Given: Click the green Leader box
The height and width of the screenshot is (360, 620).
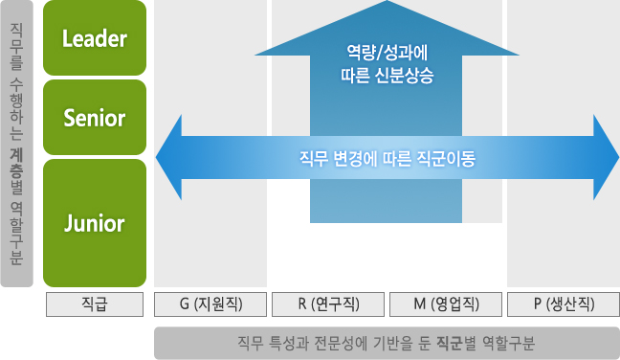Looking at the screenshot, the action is click(x=94, y=38).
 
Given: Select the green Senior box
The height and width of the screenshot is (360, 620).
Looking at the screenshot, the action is click(x=94, y=118).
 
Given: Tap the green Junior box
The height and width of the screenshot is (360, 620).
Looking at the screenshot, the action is click(x=94, y=223).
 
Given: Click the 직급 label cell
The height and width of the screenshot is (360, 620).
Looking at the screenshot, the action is click(x=94, y=304).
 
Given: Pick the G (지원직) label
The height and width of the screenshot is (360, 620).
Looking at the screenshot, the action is click(x=210, y=304).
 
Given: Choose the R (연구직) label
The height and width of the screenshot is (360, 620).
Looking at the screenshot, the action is click(x=328, y=304).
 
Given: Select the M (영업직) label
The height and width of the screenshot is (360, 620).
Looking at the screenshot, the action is click(x=446, y=304).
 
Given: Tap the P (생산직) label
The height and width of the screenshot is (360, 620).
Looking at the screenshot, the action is click(x=564, y=304).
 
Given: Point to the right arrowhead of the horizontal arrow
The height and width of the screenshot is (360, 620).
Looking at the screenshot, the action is click(x=605, y=157).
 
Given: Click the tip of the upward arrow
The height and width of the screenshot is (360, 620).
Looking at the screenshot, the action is click(x=387, y=8).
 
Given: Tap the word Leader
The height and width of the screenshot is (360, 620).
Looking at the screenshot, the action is click(x=94, y=38).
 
